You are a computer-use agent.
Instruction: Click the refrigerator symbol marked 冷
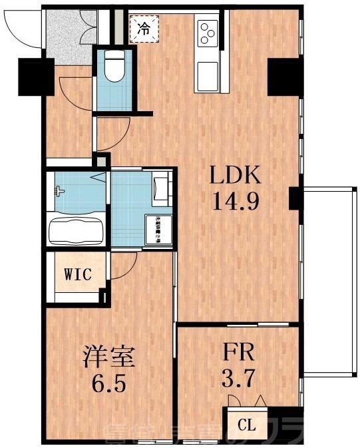pos(143,28)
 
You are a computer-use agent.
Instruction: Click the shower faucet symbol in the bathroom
pos(61,192)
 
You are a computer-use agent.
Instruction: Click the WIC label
pos(77,274)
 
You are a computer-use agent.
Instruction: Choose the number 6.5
pos(109,384)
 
